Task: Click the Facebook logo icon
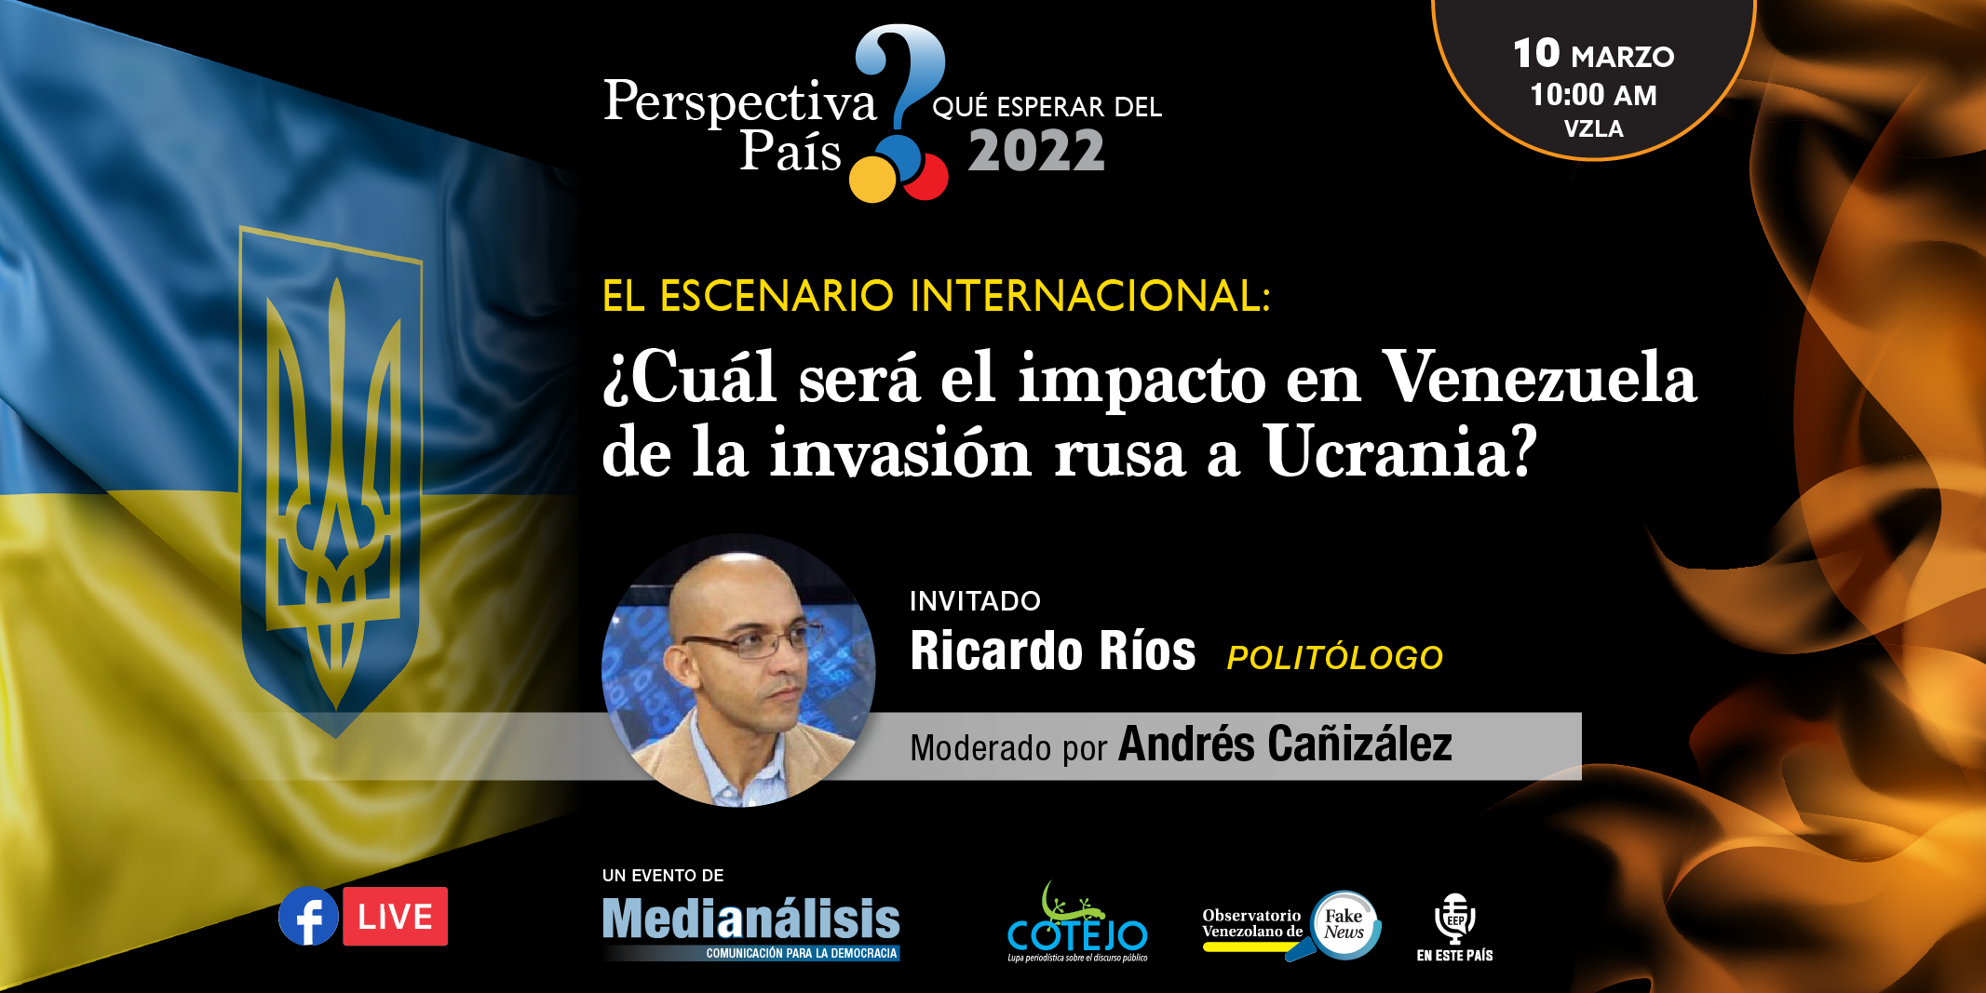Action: click(308, 917)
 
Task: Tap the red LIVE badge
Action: click(395, 917)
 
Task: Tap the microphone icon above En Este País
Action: click(1455, 918)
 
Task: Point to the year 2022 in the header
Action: click(1036, 152)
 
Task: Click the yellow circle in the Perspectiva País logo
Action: click(873, 179)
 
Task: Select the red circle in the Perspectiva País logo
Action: click(928, 177)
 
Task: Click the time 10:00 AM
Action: click(1593, 95)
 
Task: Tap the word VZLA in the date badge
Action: click(1593, 129)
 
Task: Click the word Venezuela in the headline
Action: click(1539, 378)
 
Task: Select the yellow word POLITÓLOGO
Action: click(1335, 658)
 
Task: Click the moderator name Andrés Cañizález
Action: click(1285, 745)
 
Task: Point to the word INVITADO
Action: click(975, 601)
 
